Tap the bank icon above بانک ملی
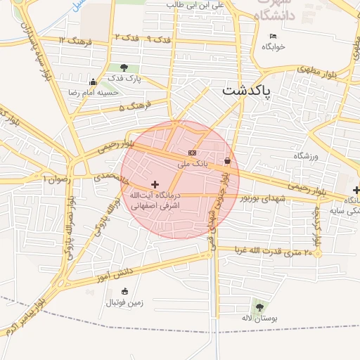pos(192,153)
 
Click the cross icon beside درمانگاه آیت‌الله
pos(155,184)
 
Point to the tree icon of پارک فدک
pos(124,68)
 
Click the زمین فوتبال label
pos(124,303)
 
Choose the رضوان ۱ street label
pos(58,179)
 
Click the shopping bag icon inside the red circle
pos(227,161)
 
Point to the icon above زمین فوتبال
pos(125,291)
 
